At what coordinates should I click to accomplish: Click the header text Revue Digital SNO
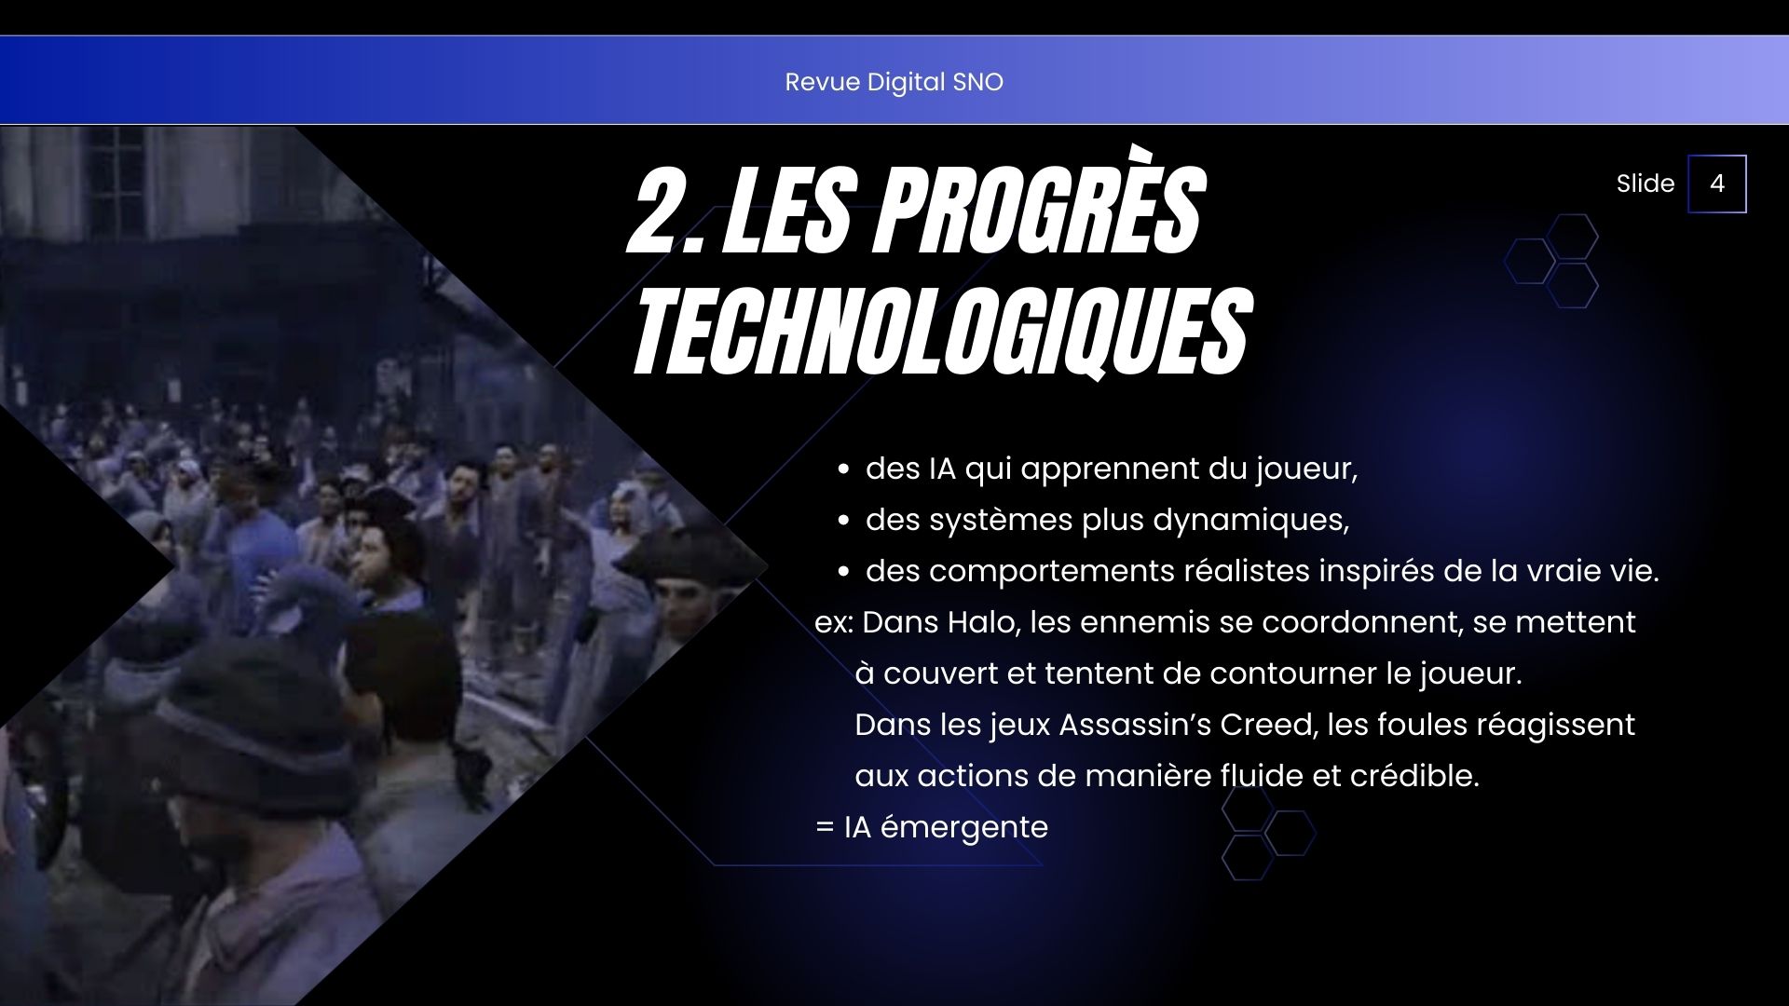point(894,82)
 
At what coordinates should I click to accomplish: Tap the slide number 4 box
point(1716,184)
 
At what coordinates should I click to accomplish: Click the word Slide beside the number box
point(1645,184)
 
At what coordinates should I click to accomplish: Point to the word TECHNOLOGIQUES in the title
point(941,330)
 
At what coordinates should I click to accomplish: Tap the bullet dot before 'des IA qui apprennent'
point(842,470)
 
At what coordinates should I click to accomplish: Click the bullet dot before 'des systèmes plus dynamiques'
point(842,522)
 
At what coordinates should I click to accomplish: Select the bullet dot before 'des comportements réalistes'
point(842,573)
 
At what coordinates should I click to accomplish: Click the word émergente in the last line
point(963,828)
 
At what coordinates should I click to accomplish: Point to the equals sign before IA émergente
point(825,827)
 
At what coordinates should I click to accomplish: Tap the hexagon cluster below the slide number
point(1551,261)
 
